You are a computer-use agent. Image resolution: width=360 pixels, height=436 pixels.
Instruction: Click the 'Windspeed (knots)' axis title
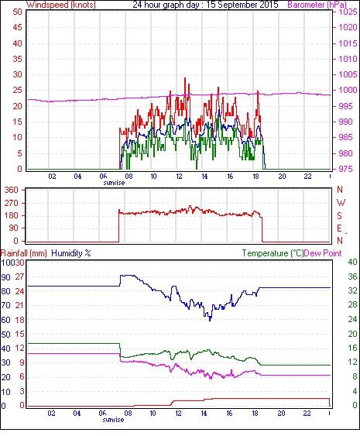(60, 5)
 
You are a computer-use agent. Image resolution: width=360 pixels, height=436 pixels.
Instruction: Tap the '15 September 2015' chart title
(242, 5)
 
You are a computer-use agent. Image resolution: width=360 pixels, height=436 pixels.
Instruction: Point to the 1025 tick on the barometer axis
(348, 12)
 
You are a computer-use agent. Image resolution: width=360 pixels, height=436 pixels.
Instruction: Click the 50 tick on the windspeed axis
(17, 12)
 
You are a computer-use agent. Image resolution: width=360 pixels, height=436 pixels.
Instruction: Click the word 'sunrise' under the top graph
(114, 183)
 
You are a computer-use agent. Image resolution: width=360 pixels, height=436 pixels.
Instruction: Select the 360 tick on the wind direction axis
(11, 191)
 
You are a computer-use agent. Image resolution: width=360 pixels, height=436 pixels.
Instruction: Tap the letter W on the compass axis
(341, 203)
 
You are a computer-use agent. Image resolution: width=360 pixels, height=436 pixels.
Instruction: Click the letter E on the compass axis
(339, 228)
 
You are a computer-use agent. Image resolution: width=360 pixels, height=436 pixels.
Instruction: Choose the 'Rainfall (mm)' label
(24, 253)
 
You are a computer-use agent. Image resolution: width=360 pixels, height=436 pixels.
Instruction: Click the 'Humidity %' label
(71, 253)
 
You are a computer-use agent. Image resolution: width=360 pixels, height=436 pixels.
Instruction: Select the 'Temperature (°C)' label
(273, 253)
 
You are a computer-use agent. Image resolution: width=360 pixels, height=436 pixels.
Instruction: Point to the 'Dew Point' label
(323, 253)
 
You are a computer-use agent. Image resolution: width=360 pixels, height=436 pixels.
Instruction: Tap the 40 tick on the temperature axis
(352, 262)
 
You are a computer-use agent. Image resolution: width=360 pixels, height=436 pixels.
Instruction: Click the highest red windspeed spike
(185, 78)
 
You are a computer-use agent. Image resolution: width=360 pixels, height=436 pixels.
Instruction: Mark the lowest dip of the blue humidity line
(210, 320)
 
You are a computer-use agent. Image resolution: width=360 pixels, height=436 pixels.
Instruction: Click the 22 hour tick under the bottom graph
(307, 414)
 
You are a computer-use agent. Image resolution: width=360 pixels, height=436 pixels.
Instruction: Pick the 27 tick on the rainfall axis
(19, 277)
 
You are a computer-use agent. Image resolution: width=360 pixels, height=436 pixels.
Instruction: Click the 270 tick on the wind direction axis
(11, 203)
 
